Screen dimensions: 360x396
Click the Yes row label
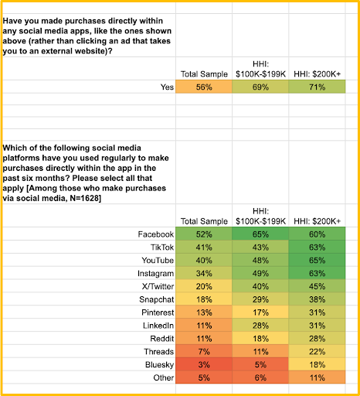coord(167,87)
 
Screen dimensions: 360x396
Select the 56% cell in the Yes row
coord(204,87)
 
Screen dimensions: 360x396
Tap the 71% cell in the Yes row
coord(317,87)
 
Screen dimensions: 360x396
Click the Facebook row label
coord(156,234)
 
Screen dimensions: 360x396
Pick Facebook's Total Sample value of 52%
coord(204,234)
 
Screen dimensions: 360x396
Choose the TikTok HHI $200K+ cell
coord(317,247)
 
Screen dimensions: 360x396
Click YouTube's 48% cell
coord(260,260)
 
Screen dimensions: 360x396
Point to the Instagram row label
coord(155,274)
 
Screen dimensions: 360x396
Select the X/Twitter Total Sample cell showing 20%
coord(204,286)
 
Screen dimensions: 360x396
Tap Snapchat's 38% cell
coord(317,299)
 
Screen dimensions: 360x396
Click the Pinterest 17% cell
coord(260,312)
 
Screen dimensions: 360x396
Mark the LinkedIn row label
coord(158,326)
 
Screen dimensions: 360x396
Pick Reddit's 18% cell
coord(260,339)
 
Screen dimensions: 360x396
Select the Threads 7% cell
coord(204,351)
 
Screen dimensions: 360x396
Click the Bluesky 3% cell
coord(204,364)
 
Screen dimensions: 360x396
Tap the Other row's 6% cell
coord(260,377)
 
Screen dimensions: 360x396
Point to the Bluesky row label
coord(159,365)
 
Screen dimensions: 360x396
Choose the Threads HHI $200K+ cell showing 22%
coord(317,351)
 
